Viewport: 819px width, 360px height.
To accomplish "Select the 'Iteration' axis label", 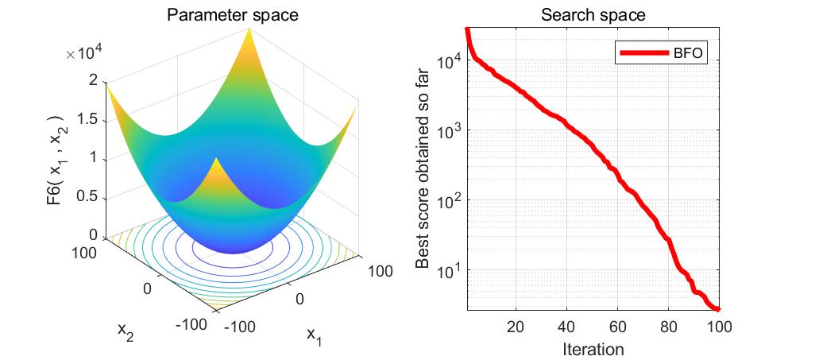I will (x=593, y=348).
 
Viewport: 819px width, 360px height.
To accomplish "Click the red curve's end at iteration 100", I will (x=718, y=309).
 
